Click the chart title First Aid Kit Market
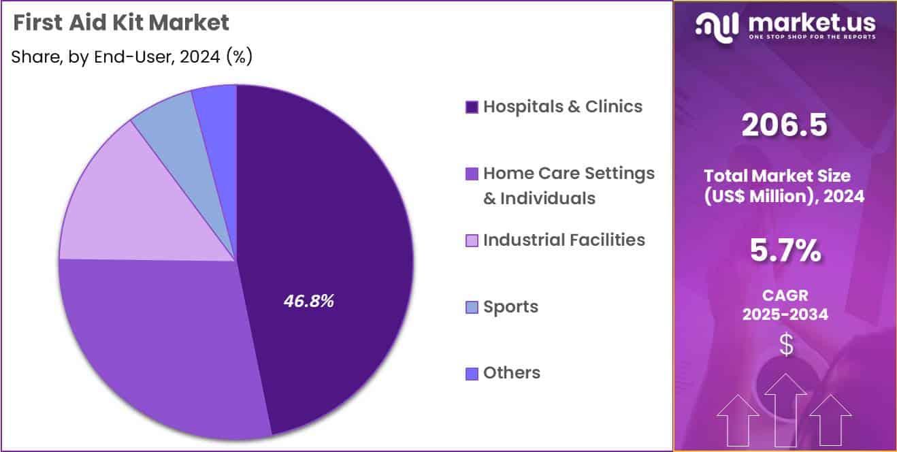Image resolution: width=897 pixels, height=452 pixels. (x=121, y=23)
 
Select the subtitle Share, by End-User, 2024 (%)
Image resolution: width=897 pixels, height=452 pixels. (x=132, y=57)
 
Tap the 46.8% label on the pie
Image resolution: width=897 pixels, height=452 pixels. (x=308, y=302)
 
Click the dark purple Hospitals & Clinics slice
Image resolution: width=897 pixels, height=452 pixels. (x=333, y=225)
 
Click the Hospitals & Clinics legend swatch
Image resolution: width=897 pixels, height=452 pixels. (x=472, y=108)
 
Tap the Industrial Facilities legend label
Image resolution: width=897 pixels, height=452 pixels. (x=564, y=240)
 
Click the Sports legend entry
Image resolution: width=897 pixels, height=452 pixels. (x=510, y=307)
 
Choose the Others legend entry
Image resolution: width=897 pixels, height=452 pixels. (x=512, y=373)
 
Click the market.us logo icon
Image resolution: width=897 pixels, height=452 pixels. (x=716, y=26)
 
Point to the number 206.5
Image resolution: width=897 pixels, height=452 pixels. (x=785, y=125)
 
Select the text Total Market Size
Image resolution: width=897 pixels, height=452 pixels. (x=776, y=176)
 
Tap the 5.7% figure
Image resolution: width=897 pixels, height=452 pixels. (x=785, y=251)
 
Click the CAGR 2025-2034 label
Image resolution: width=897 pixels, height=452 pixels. (x=785, y=306)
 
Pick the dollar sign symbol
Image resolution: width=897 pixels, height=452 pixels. (x=786, y=344)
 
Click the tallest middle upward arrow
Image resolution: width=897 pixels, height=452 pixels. (x=785, y=408)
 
